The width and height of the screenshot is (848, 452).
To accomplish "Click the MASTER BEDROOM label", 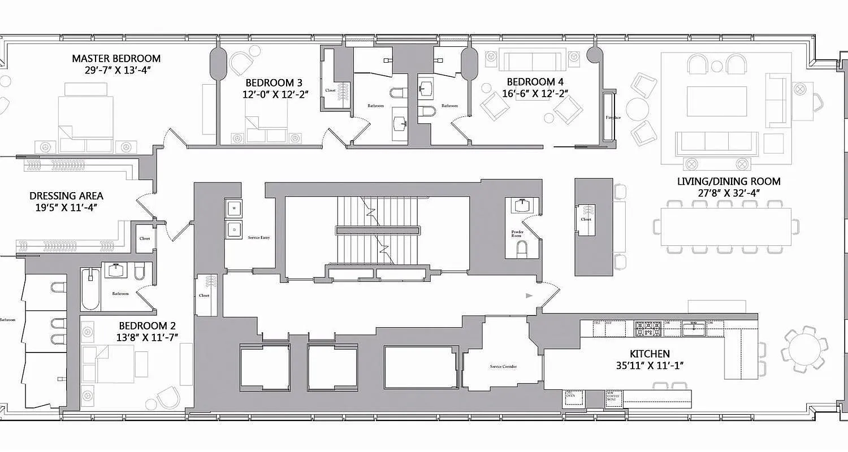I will click(116, 58).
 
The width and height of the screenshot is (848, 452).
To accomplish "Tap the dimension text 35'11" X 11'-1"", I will click(650, 366).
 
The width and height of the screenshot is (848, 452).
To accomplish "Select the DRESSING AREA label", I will click(66, 196).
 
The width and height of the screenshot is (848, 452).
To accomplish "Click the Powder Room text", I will click(517, 234).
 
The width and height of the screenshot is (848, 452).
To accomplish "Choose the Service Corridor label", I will click(503, 367).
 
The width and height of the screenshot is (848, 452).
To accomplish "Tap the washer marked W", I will click(233, 208).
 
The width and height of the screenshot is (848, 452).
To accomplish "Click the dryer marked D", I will click(233, 228).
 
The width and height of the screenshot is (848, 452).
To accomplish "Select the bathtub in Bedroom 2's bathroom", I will click(90, 289).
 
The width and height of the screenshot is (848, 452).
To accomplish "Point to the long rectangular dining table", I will click(726, 227).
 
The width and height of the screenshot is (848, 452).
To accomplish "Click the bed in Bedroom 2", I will click(108, 362).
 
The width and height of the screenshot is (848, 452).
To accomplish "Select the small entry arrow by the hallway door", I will click(529, 295).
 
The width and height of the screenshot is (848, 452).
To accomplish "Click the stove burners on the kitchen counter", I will click(648, 328).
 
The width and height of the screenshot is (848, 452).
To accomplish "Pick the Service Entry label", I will click(259, 238).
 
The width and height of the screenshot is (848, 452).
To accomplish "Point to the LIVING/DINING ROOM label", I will click(729, 181).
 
